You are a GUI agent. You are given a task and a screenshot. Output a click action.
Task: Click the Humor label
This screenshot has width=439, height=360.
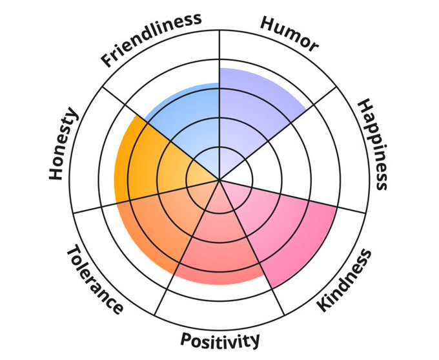[289, 32]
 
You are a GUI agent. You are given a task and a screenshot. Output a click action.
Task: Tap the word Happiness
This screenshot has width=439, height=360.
[373, 144]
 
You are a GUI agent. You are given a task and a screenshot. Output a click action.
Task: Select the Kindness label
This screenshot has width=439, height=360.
[345, 279]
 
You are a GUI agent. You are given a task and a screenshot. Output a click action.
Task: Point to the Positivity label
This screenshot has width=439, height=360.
[220, 340]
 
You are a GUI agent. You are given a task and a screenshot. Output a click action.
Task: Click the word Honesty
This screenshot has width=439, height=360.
[63, 144]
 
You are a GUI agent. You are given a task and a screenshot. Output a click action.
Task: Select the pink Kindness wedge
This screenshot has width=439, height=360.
[291, 226]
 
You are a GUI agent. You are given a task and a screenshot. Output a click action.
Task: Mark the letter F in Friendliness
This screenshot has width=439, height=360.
[107, 63]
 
